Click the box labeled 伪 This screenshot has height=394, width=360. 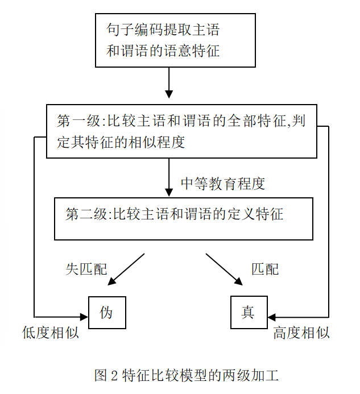click(106, 312)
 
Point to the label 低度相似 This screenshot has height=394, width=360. click(50, 334)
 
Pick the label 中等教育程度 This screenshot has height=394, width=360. click(222, 184)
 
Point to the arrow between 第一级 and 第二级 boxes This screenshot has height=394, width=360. click(169, 177)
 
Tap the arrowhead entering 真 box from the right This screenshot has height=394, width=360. click(271, 316)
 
